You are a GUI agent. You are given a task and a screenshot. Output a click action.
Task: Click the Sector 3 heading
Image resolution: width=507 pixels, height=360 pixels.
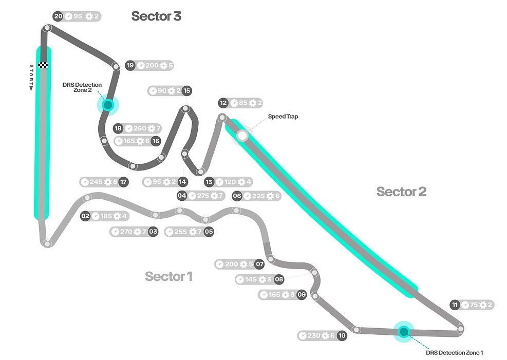pyautogui.click(x=156, y=16)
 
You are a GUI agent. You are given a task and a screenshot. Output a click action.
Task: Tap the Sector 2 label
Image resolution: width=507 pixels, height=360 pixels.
pyautogui.click(x=401, y=192)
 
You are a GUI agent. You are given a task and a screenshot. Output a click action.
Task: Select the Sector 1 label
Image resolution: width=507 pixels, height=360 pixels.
pyautogui.click(x=168, y=276)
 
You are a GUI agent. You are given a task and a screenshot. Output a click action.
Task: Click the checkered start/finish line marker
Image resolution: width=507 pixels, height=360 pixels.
pyautogui.click(x=44, y=65)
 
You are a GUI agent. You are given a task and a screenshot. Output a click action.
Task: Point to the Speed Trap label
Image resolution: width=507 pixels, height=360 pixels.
pyautogui.click(x=283, y=117)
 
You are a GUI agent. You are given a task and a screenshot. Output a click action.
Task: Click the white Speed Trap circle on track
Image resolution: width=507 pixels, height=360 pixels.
pyautogui.click(x=242, y=136)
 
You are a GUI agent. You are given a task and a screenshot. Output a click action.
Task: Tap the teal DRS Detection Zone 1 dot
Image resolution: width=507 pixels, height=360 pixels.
pyautogui.click(x=403, y=331)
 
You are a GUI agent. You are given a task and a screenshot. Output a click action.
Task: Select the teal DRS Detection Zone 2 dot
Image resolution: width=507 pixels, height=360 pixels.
pyautogui.click(x=107, y=105)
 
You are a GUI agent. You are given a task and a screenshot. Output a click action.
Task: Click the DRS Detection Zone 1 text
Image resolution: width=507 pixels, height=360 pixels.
pyautogui.click(x=455, y=353)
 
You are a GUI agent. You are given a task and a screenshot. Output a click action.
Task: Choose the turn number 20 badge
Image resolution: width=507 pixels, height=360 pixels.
pyautogui.click(x=58, y=16)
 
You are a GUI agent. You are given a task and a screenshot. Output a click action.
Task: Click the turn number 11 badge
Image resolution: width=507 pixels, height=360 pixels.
pyautogui.click(x=455, y=305)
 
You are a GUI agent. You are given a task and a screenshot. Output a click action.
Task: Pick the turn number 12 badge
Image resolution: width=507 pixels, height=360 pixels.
pyautogui.click(x=223, y=103)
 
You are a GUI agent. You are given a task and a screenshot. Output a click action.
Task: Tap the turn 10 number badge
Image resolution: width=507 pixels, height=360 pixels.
pyautogui.click(x=342, y=336)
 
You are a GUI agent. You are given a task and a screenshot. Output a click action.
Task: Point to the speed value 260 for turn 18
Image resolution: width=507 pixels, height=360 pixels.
pyautogui.click(x=139, y=128)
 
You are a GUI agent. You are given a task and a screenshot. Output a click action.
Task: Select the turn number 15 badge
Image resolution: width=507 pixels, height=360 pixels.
pyautogui.click(x=186, y=90)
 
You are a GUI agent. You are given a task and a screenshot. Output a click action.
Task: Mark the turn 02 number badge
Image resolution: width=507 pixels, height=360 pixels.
pyautogui.click(x=85, y=216)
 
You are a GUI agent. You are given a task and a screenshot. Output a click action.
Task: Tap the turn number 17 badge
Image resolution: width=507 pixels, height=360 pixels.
pyautogui.click(x=123, y=182)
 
